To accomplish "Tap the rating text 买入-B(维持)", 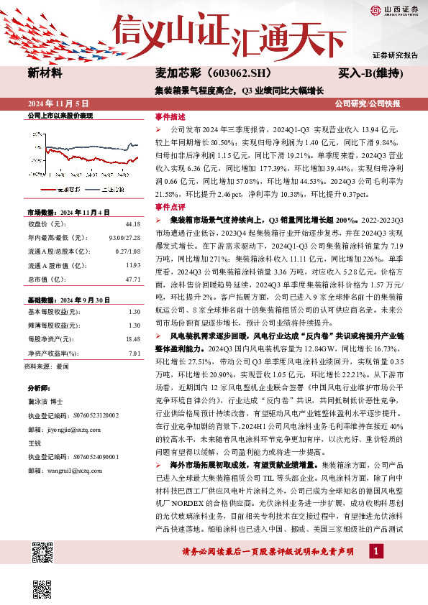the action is [371, 73].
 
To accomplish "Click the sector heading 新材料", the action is [45, 73].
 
